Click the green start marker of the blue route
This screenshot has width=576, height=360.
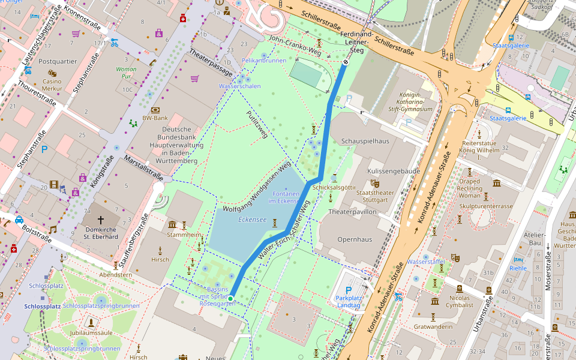point(230,298)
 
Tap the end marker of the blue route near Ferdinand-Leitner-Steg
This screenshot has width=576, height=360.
point(346,62)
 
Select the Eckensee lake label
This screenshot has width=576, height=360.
point(252,220)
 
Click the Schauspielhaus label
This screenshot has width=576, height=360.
point(365,141)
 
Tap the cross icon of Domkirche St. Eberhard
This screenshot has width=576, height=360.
point(101,220)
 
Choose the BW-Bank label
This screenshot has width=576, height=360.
point(155,118)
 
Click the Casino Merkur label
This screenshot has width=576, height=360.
point(52,85)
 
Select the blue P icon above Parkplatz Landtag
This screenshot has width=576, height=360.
point(348,290)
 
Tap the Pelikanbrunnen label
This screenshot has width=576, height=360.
point(264,61)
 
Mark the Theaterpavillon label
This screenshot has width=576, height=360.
point(353,212)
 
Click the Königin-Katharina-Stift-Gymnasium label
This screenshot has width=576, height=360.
point(416,102)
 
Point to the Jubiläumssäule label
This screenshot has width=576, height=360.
point(91,332)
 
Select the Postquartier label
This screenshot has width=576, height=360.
point(58,61)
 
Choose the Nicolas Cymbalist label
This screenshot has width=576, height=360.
point(460,301)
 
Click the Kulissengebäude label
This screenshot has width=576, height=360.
point(392,171)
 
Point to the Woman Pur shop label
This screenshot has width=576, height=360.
point(126,73)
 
